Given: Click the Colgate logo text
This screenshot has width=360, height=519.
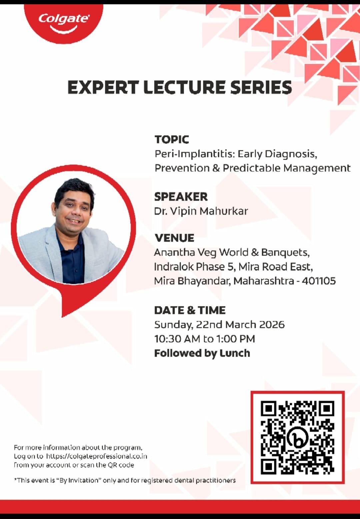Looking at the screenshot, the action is [x=64, y=19].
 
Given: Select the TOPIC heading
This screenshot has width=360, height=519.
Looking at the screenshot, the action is [x=172, y=139].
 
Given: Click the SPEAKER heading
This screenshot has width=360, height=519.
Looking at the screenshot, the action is [x=181, y=197].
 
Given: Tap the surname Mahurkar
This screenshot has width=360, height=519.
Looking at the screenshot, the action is [x=224, y=211].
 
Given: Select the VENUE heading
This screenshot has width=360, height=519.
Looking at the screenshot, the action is [x=174, y=238].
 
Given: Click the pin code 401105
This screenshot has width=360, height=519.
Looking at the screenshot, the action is [x=319, y=281].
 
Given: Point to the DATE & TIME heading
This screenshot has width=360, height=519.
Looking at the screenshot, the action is [x=190, y=310].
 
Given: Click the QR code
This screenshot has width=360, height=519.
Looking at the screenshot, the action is [x=297, y=437].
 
